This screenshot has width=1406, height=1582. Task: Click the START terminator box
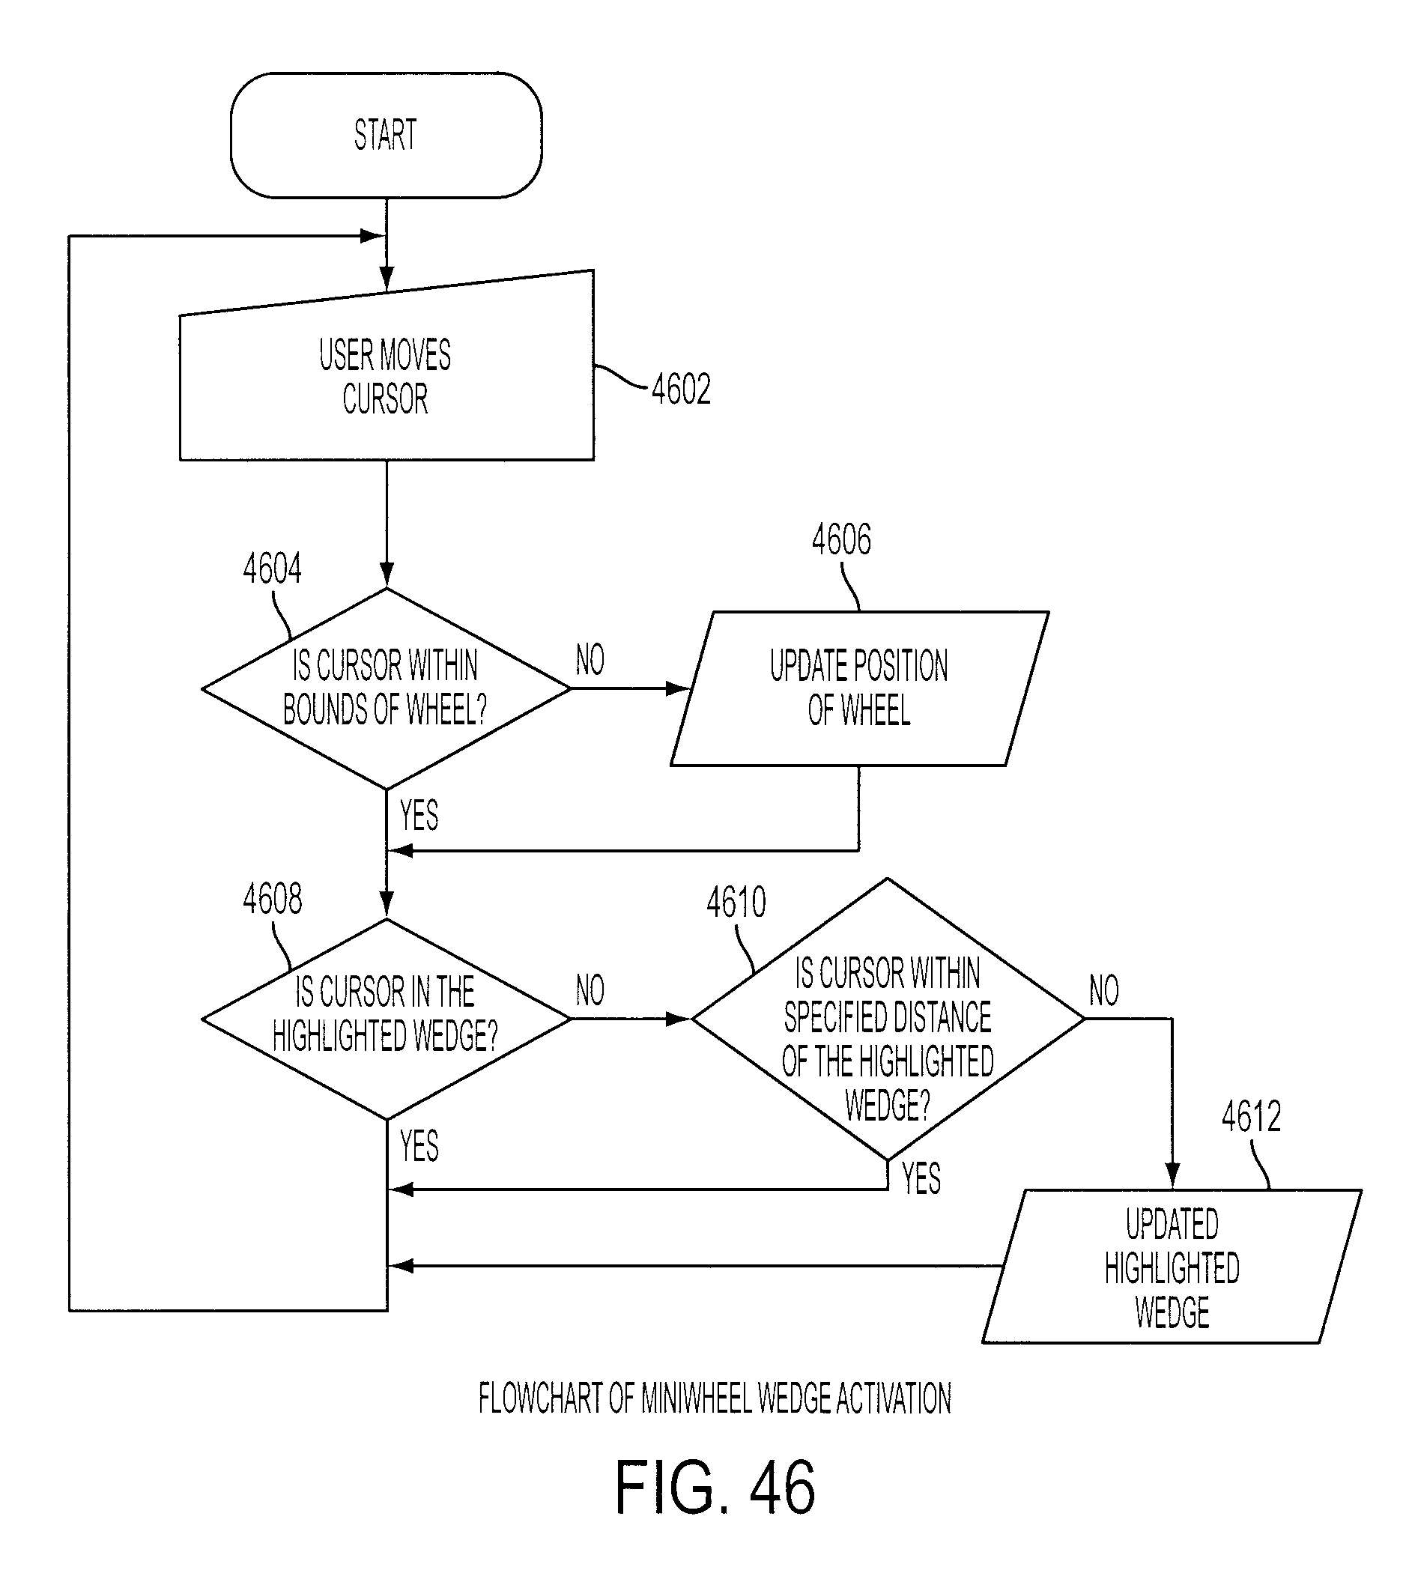[386, 136]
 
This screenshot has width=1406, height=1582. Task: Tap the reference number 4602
[681, 390]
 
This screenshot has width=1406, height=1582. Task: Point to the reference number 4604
[273, 569]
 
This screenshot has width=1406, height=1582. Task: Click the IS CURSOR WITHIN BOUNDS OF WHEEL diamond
[386, 689]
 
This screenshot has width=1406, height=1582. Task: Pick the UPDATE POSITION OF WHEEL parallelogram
[859, 689]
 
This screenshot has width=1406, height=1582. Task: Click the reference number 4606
[841, 539]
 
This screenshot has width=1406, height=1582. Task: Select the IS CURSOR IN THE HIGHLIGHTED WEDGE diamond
[386, 1019]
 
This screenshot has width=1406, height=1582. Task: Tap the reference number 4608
[273, 900]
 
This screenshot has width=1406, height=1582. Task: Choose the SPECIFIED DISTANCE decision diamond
[888, 1019]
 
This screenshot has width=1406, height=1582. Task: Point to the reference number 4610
[736, 903]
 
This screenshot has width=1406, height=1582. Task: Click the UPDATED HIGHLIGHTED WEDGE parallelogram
[1172, 1266]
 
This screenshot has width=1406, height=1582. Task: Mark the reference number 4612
[1251, 1117]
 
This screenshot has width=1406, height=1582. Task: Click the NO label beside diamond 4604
[590, 660]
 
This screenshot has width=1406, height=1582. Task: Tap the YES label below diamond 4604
[419, 815]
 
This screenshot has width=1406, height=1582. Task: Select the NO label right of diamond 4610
[1103, 991]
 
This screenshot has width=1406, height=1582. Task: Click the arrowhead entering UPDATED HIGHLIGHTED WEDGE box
[1172, 1177]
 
